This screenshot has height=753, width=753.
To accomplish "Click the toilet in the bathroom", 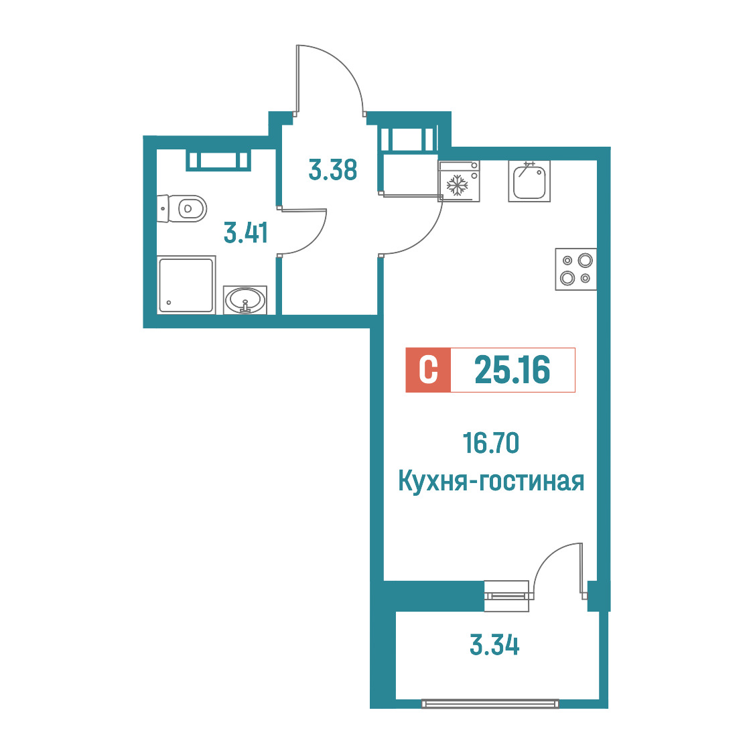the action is coord(182,208).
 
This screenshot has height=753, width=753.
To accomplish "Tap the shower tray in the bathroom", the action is coord(186,285).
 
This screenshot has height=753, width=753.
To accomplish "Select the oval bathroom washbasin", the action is coord(245,300).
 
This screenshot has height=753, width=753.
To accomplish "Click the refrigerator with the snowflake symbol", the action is coord(459,181).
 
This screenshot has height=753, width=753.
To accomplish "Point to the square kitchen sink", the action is coord(529,181).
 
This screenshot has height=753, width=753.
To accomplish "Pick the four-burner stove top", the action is coord(576,269).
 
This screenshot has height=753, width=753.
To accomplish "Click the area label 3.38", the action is coord(333,170).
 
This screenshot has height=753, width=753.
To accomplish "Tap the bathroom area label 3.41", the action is coord(246,232).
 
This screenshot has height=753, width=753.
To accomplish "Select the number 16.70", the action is coord(491,443).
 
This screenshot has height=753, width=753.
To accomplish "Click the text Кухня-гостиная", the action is coord(491,481).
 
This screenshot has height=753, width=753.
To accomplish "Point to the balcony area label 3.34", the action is coord(494,645).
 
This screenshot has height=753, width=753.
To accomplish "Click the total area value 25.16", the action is coord(512,370).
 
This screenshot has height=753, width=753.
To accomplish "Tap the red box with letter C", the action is coord(428,370).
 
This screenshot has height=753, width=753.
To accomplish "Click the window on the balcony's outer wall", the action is coord(490,703).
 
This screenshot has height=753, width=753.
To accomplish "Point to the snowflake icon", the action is coord(457,186).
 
